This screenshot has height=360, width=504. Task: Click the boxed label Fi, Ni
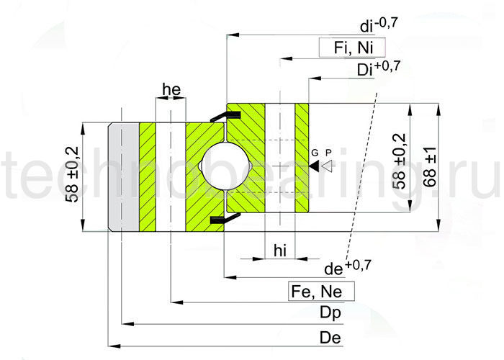click(349, 48)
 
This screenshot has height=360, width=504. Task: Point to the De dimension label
click(330, 338)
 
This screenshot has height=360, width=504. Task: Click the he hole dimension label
click(171, 89)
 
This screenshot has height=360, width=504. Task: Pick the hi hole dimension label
click(282, 249)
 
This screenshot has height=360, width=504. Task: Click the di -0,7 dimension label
click(378, 27)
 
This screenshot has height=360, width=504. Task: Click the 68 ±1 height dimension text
click(430, 168)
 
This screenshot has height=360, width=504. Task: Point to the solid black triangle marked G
click(315, 166)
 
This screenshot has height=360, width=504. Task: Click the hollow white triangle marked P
click(328, 166)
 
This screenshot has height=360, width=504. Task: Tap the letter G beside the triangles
click(315, 153)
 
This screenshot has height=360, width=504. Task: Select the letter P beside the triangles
click(328, 153)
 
